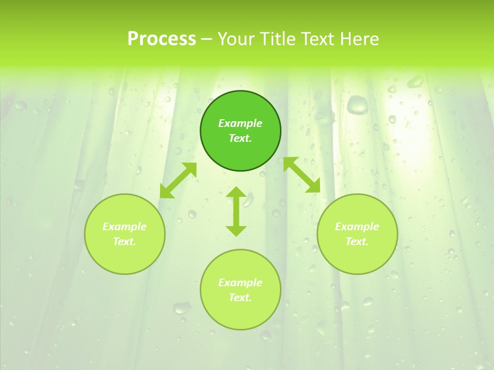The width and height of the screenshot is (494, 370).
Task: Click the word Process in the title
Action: [162, 39]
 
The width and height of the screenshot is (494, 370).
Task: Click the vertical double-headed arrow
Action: [236, 211]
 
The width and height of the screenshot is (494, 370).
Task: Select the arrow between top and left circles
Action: [178, 180]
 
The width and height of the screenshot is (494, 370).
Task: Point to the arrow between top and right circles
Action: [302, 175]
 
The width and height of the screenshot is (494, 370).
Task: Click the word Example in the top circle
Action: [240, 123]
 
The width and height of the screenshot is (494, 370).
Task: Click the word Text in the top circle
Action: [240, 138]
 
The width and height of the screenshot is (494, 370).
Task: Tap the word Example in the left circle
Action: [125, 227]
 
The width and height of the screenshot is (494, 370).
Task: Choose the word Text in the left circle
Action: [125, 242]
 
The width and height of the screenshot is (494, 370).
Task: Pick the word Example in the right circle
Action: [357, 227]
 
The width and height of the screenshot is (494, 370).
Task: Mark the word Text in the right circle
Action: [357, 242]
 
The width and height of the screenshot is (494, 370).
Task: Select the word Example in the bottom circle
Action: [240, 283]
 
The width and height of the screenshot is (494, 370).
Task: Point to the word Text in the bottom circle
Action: [240, 298]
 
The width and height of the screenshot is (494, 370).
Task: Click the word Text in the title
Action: [317, 39]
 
